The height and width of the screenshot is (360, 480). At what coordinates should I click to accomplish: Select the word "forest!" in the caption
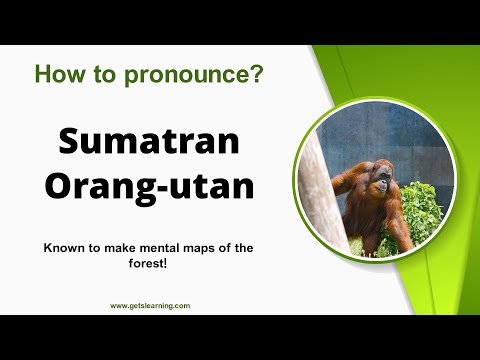tap(149, 264)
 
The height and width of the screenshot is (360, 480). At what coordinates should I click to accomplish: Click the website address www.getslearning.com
tap(150, 306)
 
